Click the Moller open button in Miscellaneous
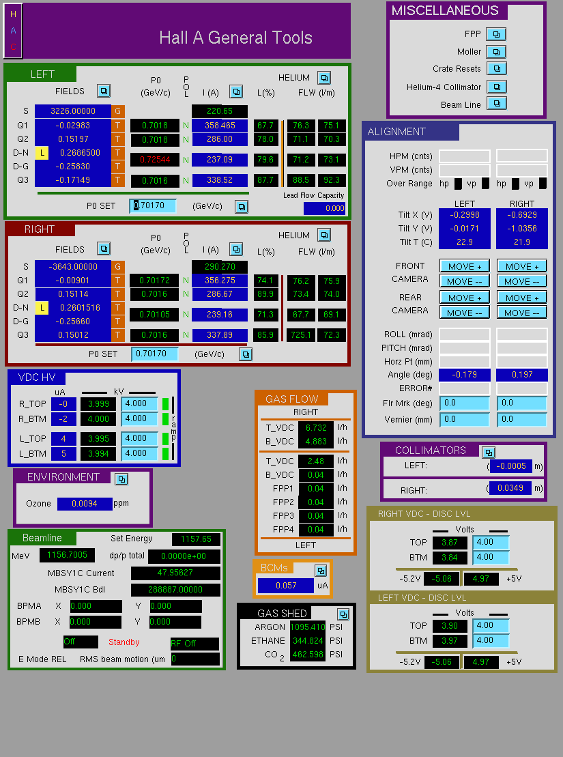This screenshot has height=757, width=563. tap(496, 52)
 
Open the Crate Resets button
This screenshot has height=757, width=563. tap(496, 68)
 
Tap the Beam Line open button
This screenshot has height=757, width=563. tap(496, 104)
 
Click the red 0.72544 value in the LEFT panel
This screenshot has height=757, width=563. tap(155, 159)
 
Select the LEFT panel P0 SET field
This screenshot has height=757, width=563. tap(153, 205)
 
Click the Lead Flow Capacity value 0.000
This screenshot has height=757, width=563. tap(324, 208)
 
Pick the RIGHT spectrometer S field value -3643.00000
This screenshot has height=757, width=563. tap(73, 266)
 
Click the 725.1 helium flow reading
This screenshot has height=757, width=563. tap(301, 335)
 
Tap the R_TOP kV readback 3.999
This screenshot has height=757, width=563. tap(98, 404)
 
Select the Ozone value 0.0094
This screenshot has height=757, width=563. tap(85, 504)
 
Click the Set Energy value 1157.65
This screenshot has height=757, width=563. tap(196, 539)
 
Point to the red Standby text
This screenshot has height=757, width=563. tap(124, 642)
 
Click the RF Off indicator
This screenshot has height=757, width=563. tap(194, 644)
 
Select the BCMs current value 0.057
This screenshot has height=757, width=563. tap(286, 586)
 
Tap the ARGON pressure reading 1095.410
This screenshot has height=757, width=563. tap(308, 627)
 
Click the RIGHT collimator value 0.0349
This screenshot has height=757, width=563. tap(510, 488)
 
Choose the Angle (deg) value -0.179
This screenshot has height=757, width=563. tap(465, 375)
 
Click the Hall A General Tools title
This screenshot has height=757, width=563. tap(235, 38)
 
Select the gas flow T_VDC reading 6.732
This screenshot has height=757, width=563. tap(316, 428)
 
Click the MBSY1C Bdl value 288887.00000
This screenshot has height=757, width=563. tap(176, 590)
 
